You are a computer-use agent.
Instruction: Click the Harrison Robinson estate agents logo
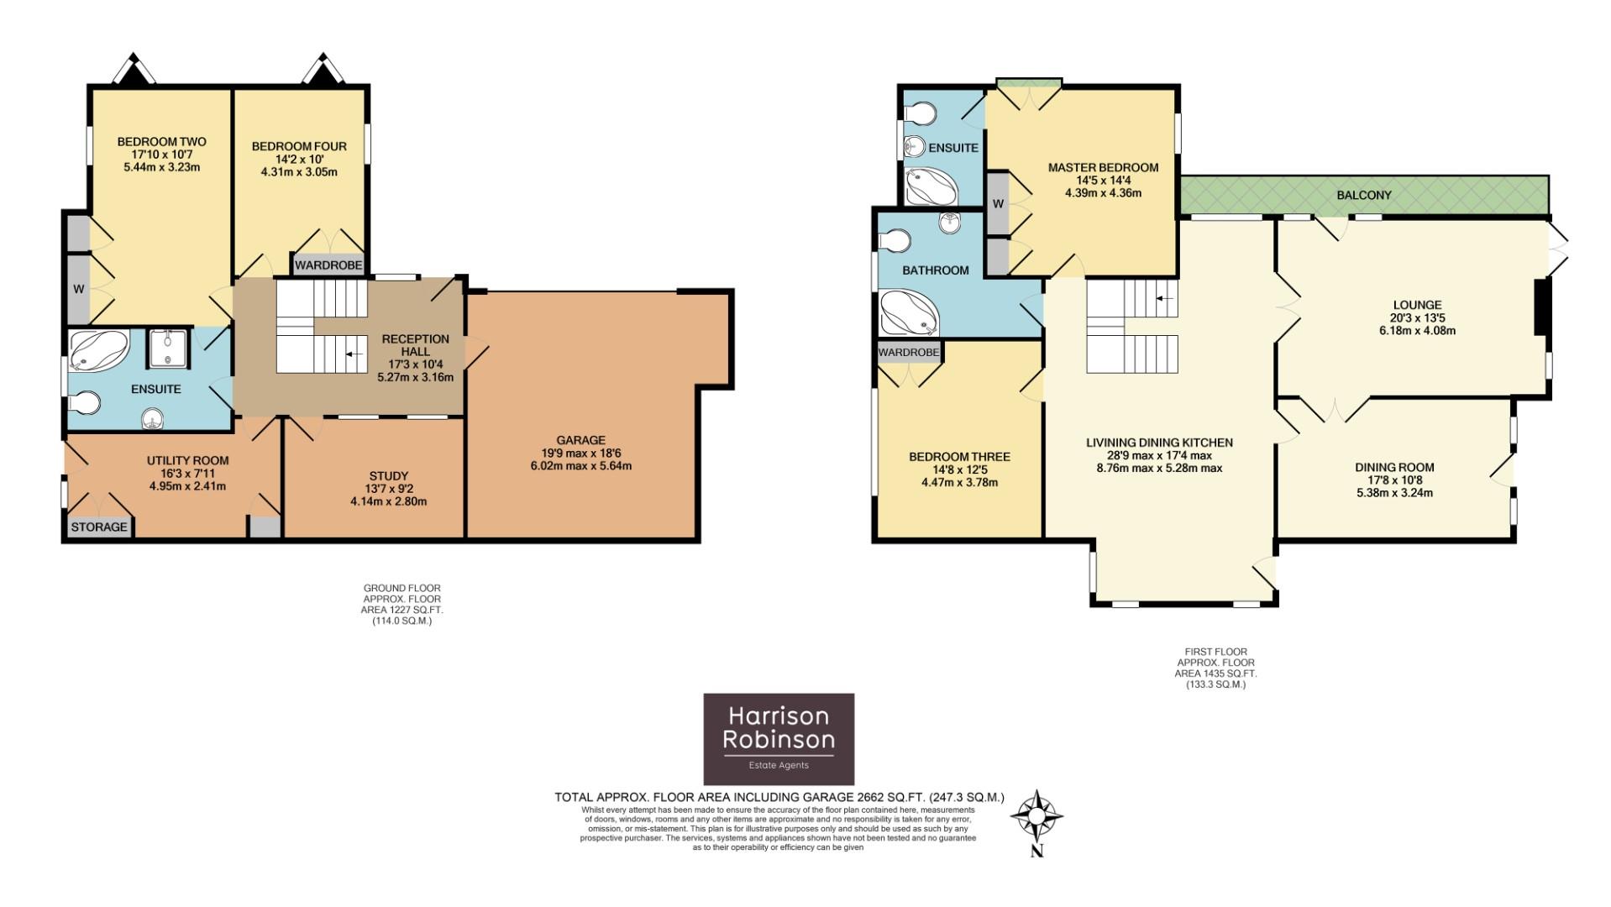(778, 738)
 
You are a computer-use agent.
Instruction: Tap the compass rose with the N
(1037, 817)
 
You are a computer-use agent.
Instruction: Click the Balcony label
(1364, 195)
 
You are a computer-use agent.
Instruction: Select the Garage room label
(580, 440)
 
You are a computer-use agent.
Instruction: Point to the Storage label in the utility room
(99, 527)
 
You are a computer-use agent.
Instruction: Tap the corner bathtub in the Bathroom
(910, 314)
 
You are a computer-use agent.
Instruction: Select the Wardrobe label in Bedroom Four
(328, 265)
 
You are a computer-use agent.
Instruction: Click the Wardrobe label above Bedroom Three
(909, 352)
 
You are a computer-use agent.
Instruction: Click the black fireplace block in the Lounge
(1542, 307)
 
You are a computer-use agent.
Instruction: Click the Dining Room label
(1394, 467)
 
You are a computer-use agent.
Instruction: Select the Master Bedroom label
(1103, 167)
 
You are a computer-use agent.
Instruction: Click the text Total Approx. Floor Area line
(779, 797)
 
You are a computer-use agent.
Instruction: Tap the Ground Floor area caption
(401, 605)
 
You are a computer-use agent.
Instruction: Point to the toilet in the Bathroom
(895, 242)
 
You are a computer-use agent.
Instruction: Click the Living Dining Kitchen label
(1159, 443)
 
